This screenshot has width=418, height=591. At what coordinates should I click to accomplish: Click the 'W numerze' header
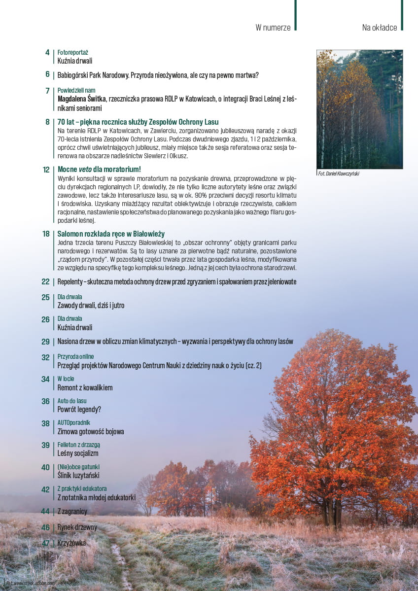(x=273, y=28)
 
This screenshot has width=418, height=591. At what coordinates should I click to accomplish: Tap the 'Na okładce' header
(x=379, y=28)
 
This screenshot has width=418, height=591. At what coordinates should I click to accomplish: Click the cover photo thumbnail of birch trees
(x=359, y=109)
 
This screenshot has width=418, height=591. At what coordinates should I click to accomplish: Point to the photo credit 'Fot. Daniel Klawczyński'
(x=339, y=174)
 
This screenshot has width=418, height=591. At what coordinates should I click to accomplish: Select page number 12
(x=46, y=169)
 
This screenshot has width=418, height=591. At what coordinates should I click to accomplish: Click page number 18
(x=46, y=234)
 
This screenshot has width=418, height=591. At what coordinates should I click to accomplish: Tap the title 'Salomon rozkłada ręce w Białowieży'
(x=111, y=234)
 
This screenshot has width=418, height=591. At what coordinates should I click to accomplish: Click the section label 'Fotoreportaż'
(x=72, y=52)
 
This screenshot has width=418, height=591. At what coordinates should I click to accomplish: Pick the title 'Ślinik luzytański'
(x=78, y=475)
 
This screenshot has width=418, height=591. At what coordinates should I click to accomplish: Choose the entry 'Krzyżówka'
(x=71, y=543)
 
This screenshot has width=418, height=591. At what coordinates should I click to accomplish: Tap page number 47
(x=46, y=543)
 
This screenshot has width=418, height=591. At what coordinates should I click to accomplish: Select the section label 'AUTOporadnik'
(x=74, y=423)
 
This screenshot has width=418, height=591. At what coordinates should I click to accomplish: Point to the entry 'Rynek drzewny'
(x=77, y=527)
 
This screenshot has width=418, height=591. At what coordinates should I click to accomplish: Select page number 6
(x=47, y=75)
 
